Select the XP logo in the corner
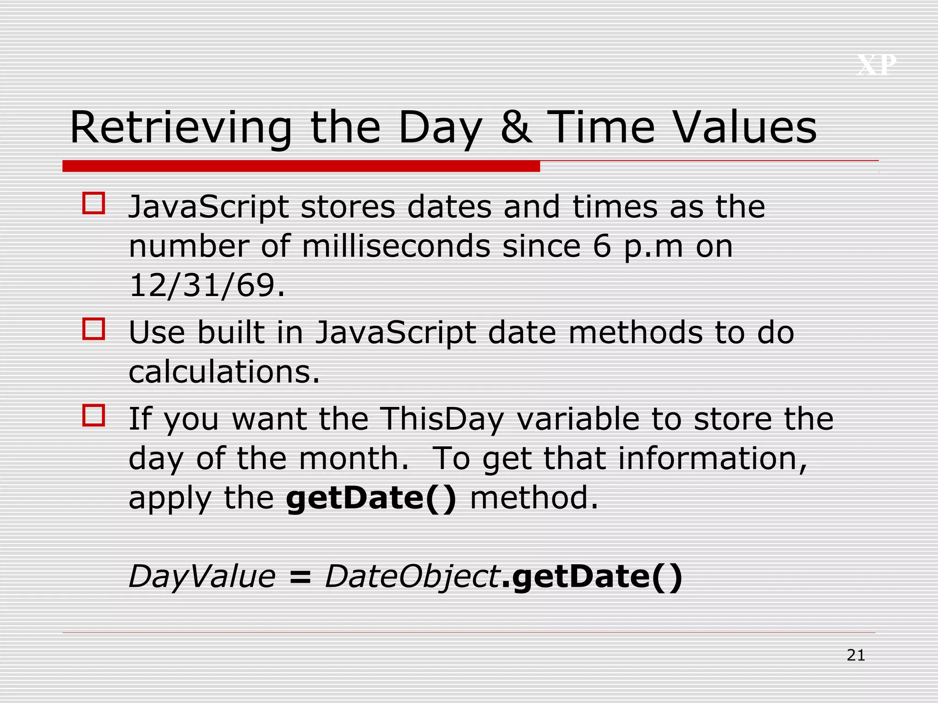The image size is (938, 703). pos(876,65)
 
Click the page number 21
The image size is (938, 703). pos(856,655)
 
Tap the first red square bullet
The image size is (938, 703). pos(94,203)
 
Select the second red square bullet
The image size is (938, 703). pos(94,329)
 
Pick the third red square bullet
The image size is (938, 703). pos(94,415)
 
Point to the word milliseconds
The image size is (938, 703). pos(396,246)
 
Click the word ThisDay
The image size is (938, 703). pos(442,419)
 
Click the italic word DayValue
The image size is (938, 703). pos(202,576)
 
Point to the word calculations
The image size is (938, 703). pos(224,371)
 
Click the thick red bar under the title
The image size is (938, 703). pos(301,166)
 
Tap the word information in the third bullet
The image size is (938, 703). pos(712,459)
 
